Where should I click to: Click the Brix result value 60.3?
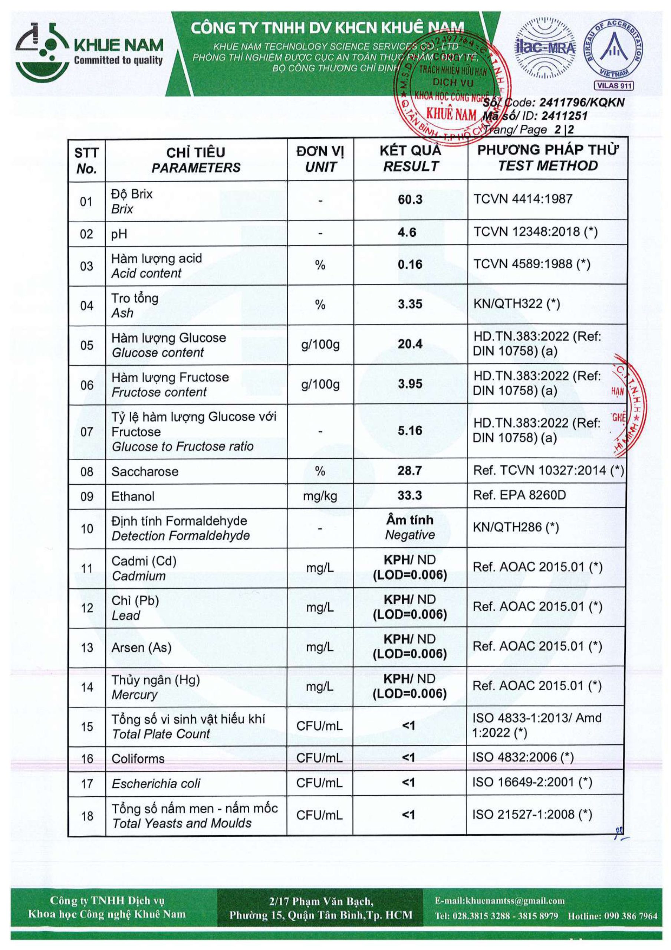[410, 200]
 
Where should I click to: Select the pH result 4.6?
[407, 233]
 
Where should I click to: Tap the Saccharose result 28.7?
[409, 471]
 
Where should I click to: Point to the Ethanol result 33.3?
[409, 495]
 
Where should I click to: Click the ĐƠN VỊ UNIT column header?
[320, 159]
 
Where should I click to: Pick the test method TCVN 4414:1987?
[523, 199]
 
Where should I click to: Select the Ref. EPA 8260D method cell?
[519, 495]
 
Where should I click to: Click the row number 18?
[87, 816]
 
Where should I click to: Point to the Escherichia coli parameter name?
[156, 783]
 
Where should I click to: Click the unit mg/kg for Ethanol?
[320, 496]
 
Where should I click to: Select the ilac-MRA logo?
[545, 48]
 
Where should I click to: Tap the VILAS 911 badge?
[614, 86]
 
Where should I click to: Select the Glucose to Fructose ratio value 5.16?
[410, 431]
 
